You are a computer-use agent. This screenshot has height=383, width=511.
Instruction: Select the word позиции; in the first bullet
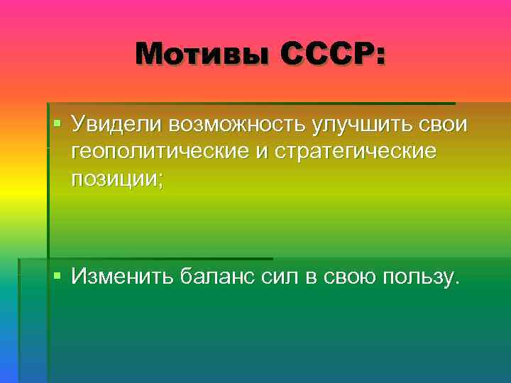pos(116,179)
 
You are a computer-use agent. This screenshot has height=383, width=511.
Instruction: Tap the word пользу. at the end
pos(421,276)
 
